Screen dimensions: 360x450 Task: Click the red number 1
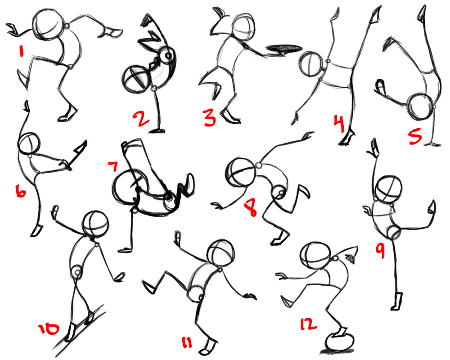(20, 51)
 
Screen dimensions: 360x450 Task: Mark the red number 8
(250, 209)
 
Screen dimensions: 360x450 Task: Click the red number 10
(48, 329)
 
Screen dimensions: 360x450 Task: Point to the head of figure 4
(310, 64)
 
